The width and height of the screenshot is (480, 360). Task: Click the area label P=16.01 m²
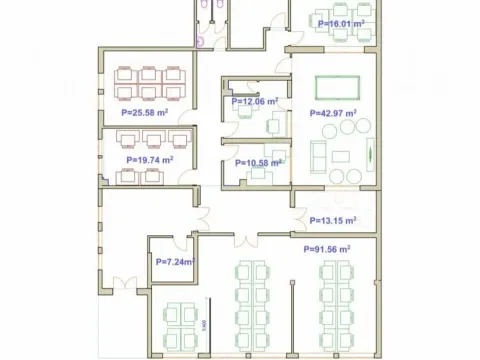point(340,22)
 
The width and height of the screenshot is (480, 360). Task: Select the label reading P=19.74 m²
point(150,159)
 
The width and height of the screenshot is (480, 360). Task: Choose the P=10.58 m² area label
point(257,163)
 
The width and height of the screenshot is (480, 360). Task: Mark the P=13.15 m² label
point(334,220)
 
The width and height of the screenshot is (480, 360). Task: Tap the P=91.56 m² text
point(326,249)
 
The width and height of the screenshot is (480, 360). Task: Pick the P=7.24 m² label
point(174,262)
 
